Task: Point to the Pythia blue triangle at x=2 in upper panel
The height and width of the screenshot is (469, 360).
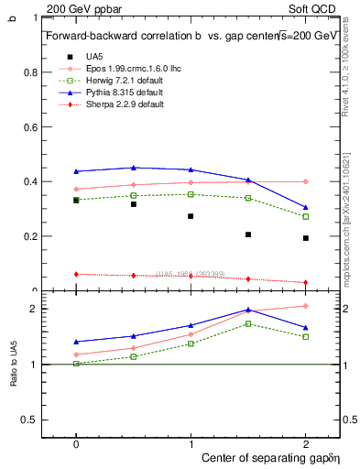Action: pos(305,207)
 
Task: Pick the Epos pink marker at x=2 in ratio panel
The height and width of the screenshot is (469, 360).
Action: pos(305,306)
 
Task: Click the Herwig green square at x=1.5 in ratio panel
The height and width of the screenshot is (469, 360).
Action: pos(248,323)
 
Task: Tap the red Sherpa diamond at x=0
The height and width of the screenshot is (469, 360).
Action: pos(76,274)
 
